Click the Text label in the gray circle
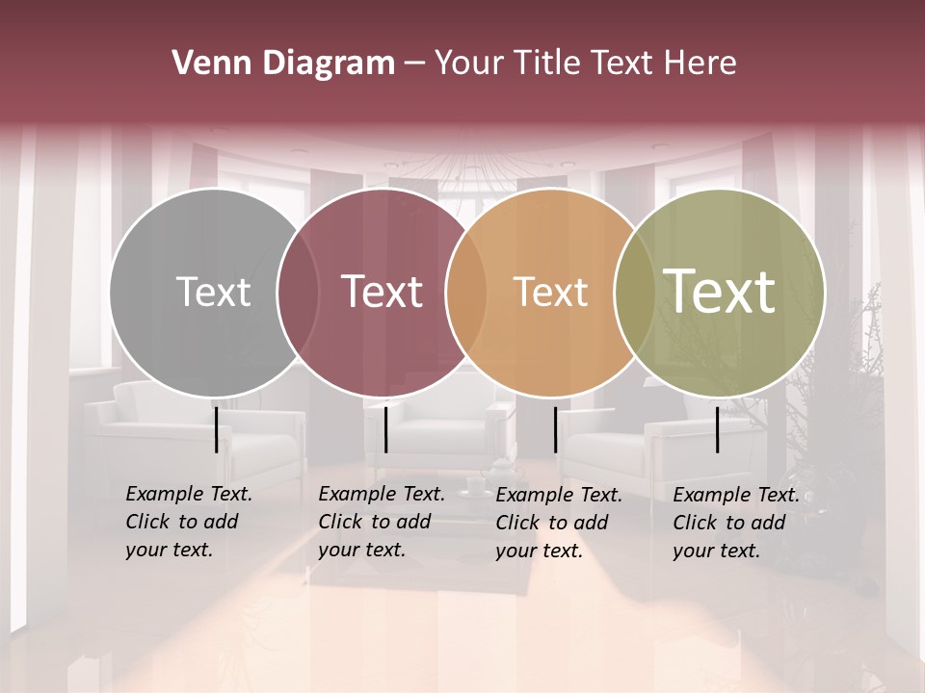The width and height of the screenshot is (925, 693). pos(213,292)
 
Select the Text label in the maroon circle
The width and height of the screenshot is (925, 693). pos(383,292)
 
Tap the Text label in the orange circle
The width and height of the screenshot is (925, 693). pos(550,292)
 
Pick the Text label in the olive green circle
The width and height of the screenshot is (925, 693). pos(720,291)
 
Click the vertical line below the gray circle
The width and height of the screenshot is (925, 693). pos(216,429)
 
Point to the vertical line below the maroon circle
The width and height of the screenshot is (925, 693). pos(385,429)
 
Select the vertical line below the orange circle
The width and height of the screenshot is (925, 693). pos(555,429)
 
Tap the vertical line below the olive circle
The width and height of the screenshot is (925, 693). pos(718,429)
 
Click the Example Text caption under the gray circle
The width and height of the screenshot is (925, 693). pos(189,522)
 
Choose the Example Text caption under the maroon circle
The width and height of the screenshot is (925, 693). pos(382,522)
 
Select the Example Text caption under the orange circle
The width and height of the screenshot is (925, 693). pos(559,523)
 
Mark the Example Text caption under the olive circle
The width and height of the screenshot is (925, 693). pos(736,523)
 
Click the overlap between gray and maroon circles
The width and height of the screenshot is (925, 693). pos(298,292)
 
